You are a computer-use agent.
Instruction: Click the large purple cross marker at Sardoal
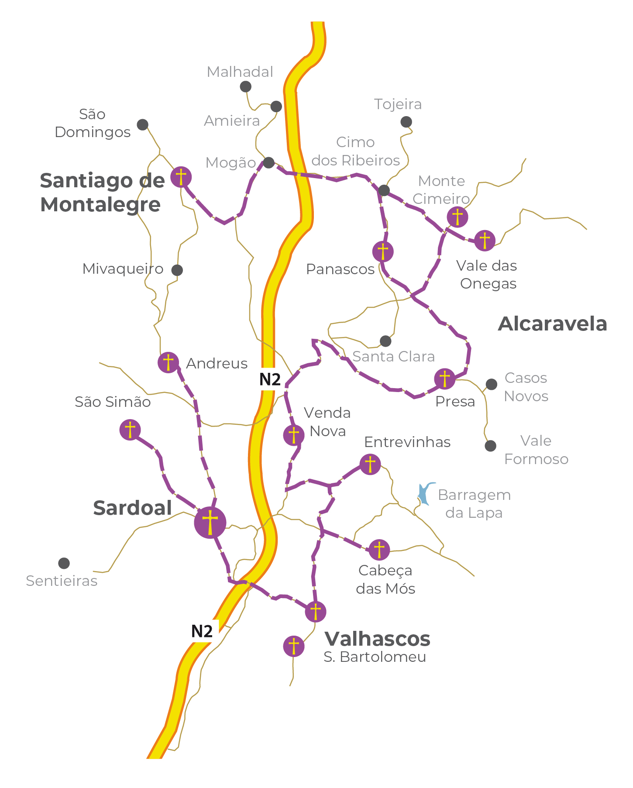point(210,522)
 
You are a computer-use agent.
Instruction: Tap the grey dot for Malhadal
point(246,86)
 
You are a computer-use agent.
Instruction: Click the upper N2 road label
point(270,379)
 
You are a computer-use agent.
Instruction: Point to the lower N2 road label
point(202,631)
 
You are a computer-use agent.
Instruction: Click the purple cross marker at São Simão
point(130,430)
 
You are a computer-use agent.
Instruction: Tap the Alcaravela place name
point(552,324)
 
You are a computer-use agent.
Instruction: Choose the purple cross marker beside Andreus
point(168,362)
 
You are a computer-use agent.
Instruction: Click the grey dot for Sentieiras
point(64,563)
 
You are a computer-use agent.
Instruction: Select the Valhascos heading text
point(377,639)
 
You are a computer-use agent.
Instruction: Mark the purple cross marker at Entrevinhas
point(370,464)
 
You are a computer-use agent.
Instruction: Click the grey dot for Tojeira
point(406,122)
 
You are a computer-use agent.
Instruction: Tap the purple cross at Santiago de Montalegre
point(181,177)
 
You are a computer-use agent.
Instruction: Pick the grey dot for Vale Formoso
point(491,446)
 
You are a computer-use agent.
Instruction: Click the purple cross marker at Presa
point(444,379)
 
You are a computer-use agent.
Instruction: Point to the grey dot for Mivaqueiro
point(177,270)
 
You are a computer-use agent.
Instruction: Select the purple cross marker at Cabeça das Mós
point(379,550)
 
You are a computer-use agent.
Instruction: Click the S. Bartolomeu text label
point(375,657)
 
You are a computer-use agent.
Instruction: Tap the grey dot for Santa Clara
point(385,341)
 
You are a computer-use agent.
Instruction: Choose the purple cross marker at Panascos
point(383,251)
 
